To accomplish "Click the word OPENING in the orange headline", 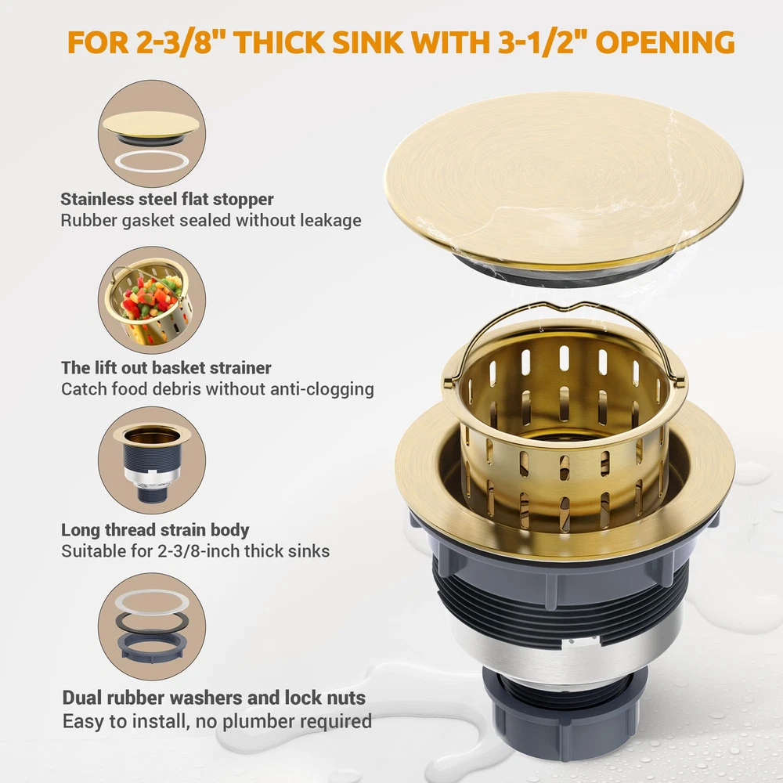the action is tap(665, 42).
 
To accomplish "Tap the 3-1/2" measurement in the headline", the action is tap(542, 42).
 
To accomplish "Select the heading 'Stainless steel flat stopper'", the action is tap(167, 199).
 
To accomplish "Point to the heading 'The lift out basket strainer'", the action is tap(166, 368).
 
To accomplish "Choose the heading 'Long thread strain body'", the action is tap(155, 530).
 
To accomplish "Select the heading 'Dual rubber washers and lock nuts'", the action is tap(214, 698).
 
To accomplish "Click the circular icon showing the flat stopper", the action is tap(152, 134).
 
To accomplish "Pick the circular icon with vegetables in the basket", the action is tap(152, 300).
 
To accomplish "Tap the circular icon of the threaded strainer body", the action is tap(152, 460).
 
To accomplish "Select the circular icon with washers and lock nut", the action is tap(152, 626).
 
